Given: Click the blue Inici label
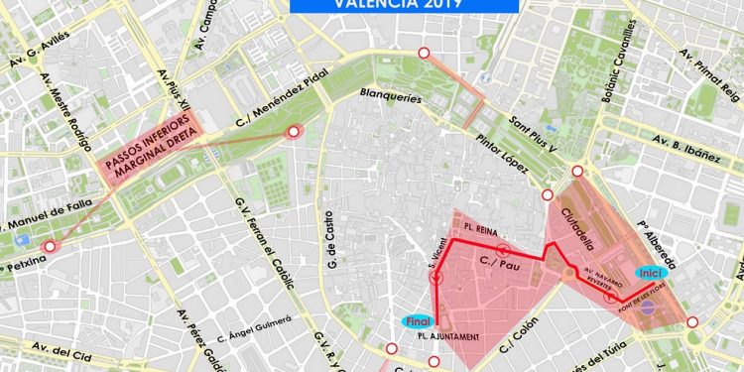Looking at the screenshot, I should [x=649, y=273].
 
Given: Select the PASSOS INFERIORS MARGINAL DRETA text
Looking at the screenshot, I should [x=151, y=158].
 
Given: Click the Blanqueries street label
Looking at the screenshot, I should [x=391, y=98].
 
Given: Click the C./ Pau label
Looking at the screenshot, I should [x=495, y=264].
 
